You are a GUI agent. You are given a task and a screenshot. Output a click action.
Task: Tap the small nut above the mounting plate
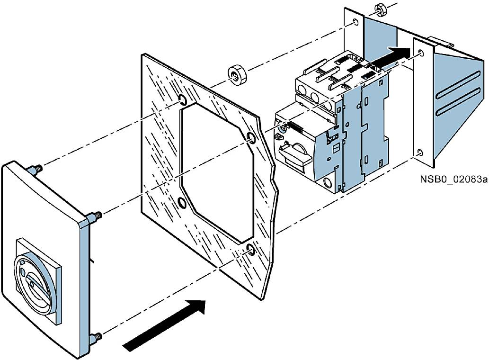(x=379, y=8)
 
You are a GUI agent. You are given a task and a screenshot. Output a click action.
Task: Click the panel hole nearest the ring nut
(x=182, y=99)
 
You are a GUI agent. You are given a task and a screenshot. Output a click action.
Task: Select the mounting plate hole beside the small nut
(x=355, y=22)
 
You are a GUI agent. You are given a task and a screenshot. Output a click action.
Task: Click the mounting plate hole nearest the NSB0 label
(x=420, y=153)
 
